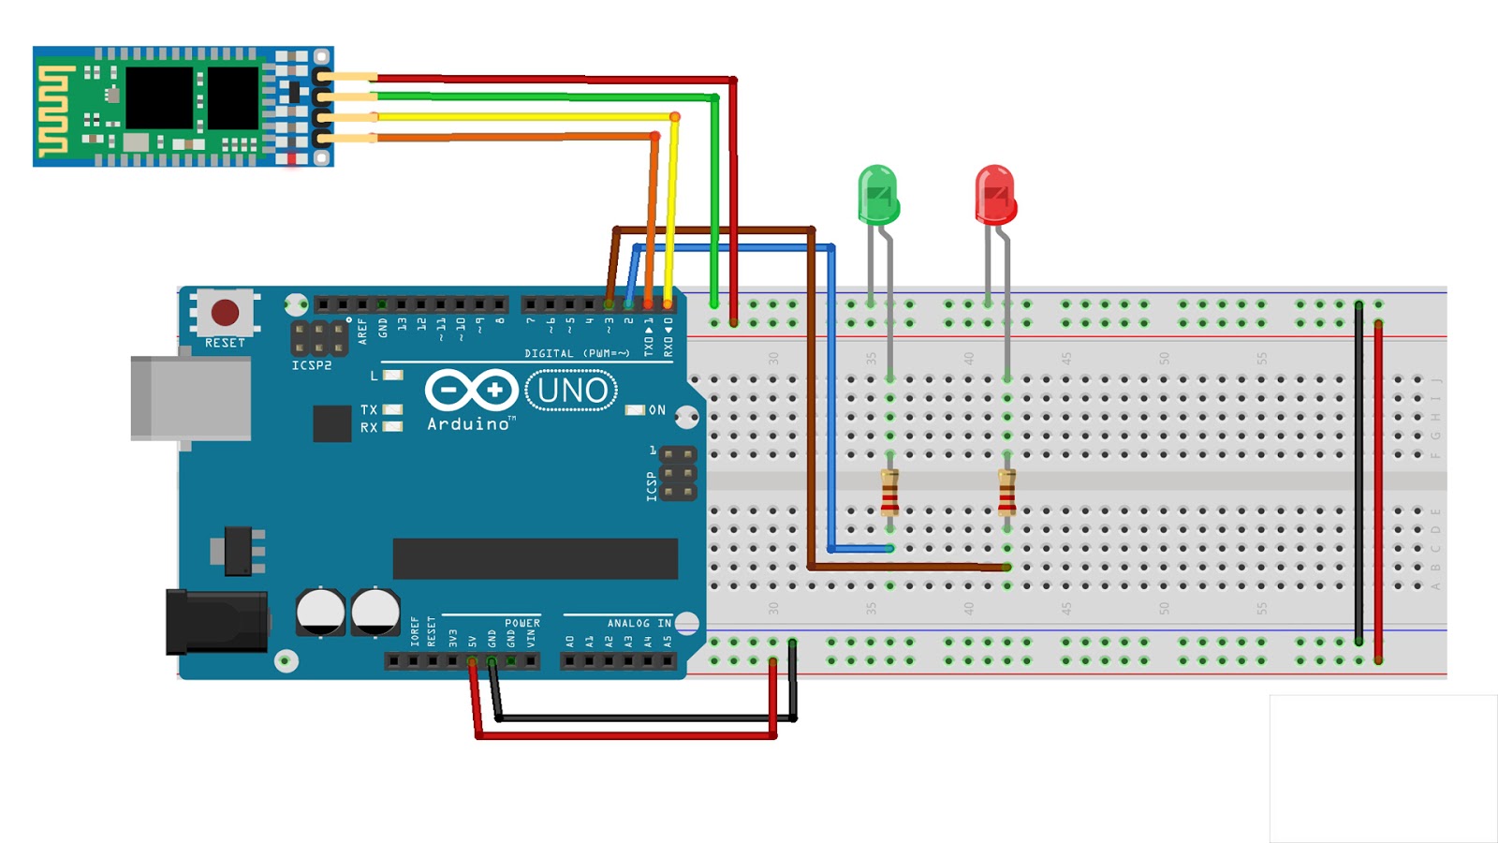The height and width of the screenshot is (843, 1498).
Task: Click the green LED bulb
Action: point(878,194)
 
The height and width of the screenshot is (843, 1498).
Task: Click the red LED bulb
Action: point(994,195)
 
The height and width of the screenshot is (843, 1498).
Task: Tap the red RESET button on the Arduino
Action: point(225,312)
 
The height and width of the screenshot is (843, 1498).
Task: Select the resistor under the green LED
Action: point(889,493)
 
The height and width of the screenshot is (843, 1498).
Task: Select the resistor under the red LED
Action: point(1006,493)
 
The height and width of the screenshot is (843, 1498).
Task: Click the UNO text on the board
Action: point(572,391)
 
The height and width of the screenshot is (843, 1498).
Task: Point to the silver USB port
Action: point(192,398)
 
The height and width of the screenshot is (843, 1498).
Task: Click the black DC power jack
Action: point(215,621)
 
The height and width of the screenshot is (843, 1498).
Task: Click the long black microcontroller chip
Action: point(535,558)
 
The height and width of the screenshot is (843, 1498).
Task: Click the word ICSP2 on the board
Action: point(312,365)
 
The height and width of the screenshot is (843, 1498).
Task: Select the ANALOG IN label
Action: point(639,623)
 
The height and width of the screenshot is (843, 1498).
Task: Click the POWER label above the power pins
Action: point(521,623)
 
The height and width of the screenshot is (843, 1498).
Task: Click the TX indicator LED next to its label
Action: point(393,409)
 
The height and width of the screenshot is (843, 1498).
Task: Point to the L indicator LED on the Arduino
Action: point(393,376)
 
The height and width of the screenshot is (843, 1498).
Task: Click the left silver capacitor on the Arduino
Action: point(320,611)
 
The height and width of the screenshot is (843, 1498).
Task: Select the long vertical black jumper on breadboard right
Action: point(1358,473)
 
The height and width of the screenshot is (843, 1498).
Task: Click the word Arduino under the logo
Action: point(469,424)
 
